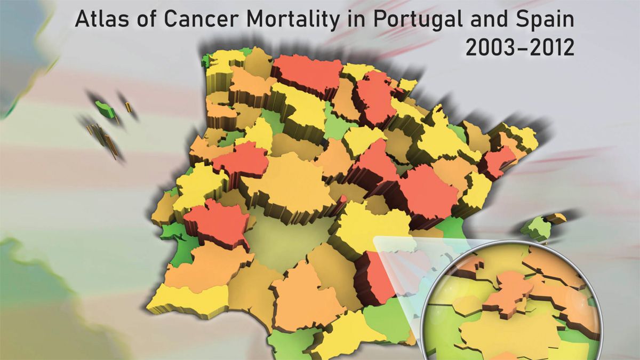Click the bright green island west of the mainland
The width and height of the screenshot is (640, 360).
[105, 109]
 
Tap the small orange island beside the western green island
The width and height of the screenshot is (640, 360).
[128, 107]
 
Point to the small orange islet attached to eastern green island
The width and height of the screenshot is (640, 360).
[556, 217]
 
